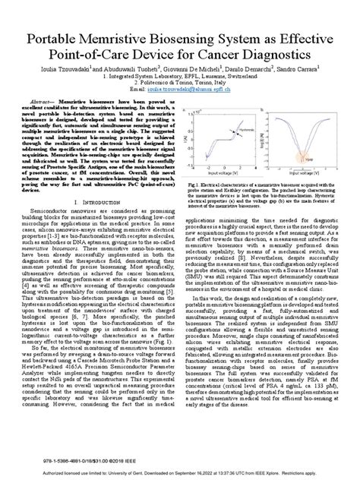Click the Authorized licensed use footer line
pyautogui.click(x=180, y=471)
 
